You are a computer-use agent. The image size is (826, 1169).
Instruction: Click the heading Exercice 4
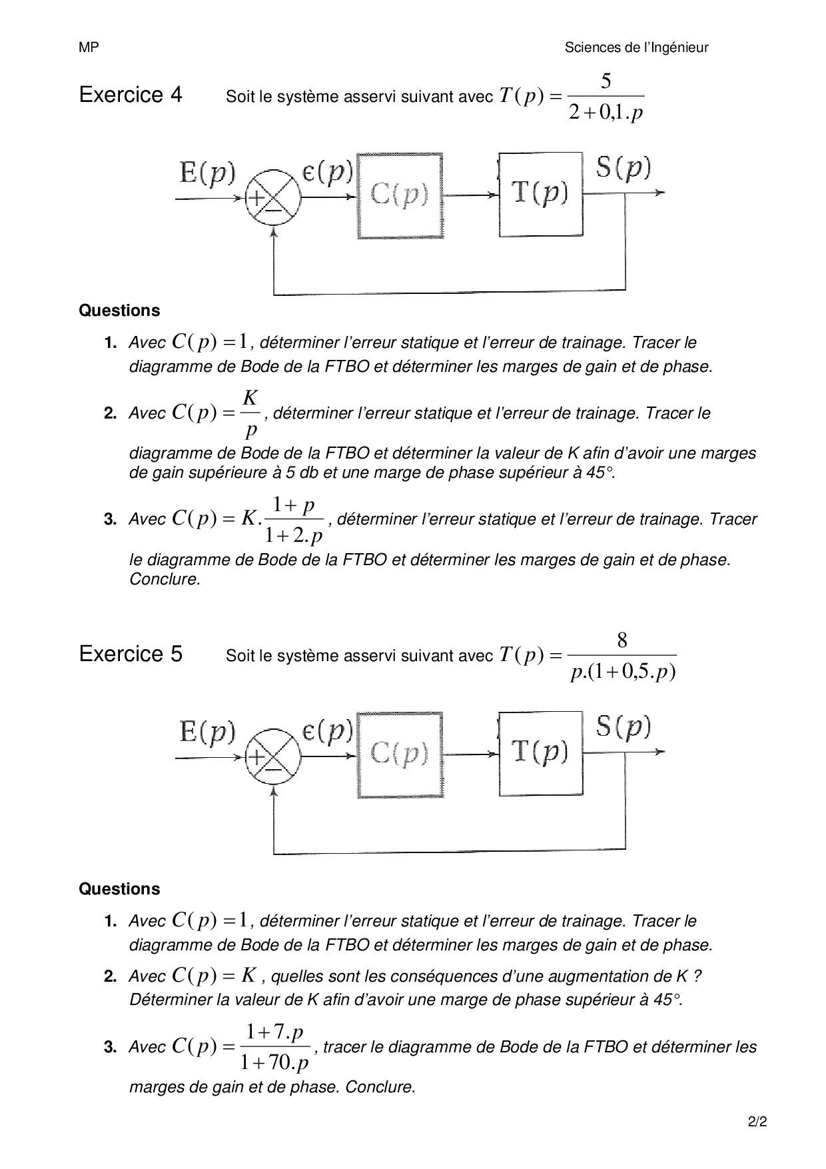131,95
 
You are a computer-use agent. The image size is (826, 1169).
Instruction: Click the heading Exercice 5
131,654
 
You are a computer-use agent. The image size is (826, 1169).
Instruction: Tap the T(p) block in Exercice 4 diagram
540,194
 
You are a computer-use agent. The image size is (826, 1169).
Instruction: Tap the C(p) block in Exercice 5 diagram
400,754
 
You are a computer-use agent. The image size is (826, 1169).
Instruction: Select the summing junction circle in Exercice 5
273,756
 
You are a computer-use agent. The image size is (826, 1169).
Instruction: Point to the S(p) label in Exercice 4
623,167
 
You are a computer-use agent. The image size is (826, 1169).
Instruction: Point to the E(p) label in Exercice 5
208,732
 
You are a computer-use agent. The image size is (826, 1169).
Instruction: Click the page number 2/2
757,1122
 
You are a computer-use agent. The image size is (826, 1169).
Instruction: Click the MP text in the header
89,47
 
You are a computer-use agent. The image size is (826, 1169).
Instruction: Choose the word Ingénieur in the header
676,47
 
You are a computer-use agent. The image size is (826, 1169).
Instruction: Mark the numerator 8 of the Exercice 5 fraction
622,640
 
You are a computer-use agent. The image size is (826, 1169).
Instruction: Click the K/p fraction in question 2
250,414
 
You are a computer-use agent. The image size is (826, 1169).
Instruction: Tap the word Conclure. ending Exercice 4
165,580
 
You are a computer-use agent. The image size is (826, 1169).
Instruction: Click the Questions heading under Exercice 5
119,889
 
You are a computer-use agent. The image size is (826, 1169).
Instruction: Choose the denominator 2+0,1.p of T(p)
606,113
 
